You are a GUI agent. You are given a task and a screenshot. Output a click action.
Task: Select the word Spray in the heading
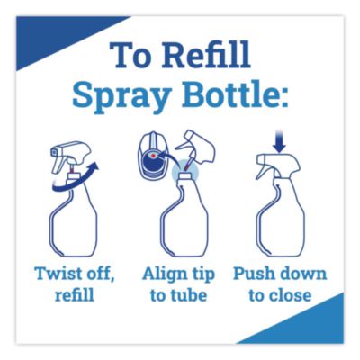point(121,96)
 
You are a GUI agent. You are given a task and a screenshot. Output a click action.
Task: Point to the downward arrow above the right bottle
point(279,146)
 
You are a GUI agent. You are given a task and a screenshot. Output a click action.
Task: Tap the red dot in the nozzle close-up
point(154,156)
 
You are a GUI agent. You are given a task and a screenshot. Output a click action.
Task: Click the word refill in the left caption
point(75,294)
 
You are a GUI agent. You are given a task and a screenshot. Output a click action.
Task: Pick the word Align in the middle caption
point(162,274)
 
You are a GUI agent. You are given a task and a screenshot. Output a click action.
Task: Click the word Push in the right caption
point(253,274)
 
